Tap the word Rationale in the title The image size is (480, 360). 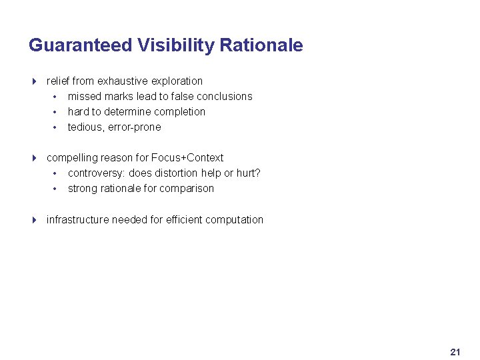pos(261,45)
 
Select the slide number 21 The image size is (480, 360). pos(455,351)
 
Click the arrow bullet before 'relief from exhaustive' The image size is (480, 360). pos(34,81)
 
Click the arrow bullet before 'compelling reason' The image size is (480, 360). pos(34,158)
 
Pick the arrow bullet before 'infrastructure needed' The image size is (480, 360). pos(34,220)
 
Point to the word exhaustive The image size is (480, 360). pos(121,81)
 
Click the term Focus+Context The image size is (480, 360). pos(187,158)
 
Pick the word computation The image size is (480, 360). pos(234,220)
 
